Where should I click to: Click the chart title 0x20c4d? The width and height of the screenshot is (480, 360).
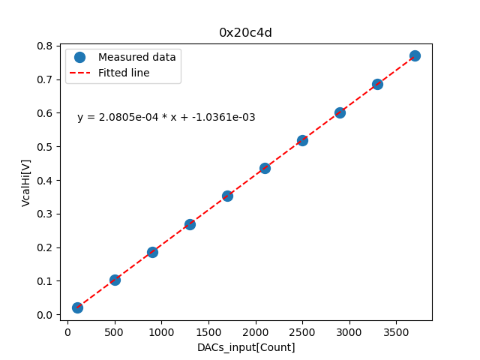[245, 32]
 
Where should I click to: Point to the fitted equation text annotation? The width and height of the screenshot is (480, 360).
[166, 117]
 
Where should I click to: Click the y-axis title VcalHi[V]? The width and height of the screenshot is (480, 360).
[26, 182]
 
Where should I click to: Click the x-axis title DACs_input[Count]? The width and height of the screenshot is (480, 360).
[246, 347]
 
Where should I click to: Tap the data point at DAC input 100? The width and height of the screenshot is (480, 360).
[77, 307]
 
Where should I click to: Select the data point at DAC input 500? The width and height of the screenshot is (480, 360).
[115, 280]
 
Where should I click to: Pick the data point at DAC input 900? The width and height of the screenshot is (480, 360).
[152, 252]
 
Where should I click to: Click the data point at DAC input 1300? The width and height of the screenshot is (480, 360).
[190, 224]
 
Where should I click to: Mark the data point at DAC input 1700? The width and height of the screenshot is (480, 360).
[227, 196]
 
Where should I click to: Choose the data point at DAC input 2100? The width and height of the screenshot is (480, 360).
[265, 168]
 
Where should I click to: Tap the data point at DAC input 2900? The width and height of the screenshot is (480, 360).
[340, 112]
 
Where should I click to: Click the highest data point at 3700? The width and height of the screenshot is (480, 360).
[415, 55]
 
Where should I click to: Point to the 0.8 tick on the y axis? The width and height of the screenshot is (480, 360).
[46, 46]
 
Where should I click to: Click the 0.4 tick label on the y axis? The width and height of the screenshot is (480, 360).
[46, 180]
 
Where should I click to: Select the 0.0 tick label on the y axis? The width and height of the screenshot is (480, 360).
[46, 315]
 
